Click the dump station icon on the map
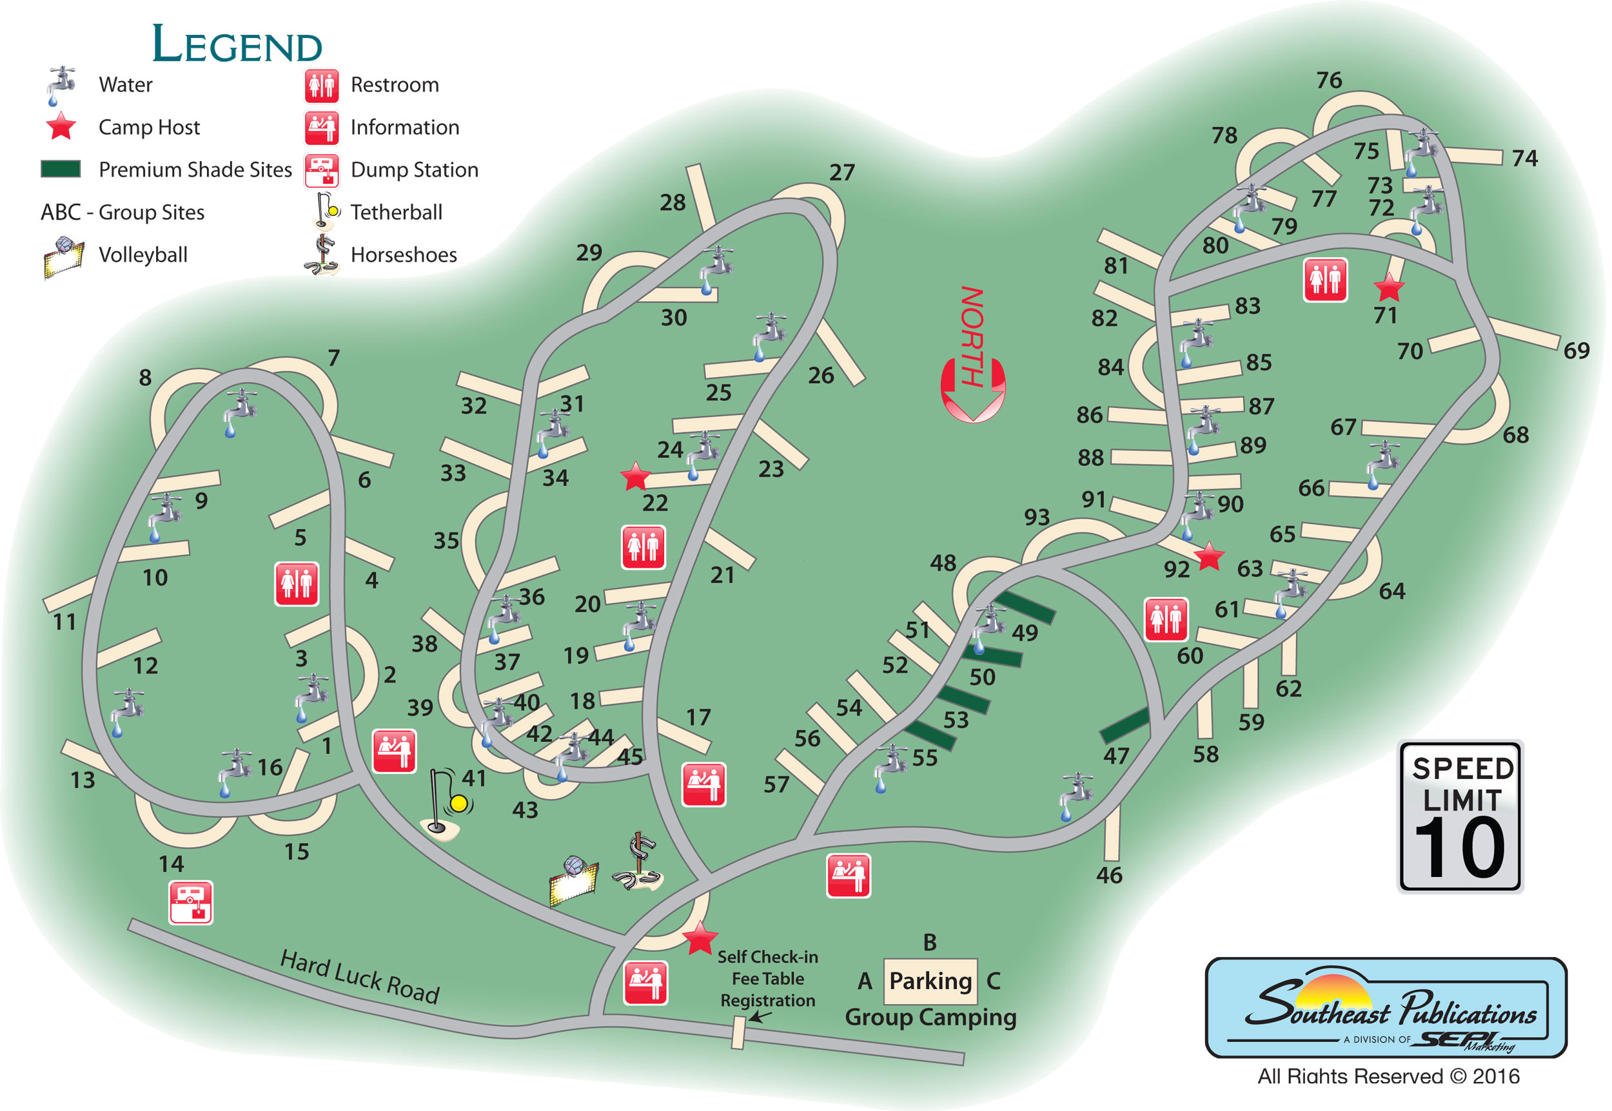point(191,902)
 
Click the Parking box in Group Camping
point(930,981)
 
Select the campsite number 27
point(842,173)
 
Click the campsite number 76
point(1328,80)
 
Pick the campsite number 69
point(1577,350)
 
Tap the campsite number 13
point(83,780)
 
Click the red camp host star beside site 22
point(635,477)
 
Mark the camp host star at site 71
point(1388,287)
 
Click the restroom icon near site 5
point(297,583)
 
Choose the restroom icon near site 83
point(1324,280)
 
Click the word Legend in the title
point(237,44)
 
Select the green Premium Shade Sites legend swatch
point(61,169)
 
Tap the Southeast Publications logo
point(1385,1007)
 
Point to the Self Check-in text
point(767,956)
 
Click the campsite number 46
point(1109,875)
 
